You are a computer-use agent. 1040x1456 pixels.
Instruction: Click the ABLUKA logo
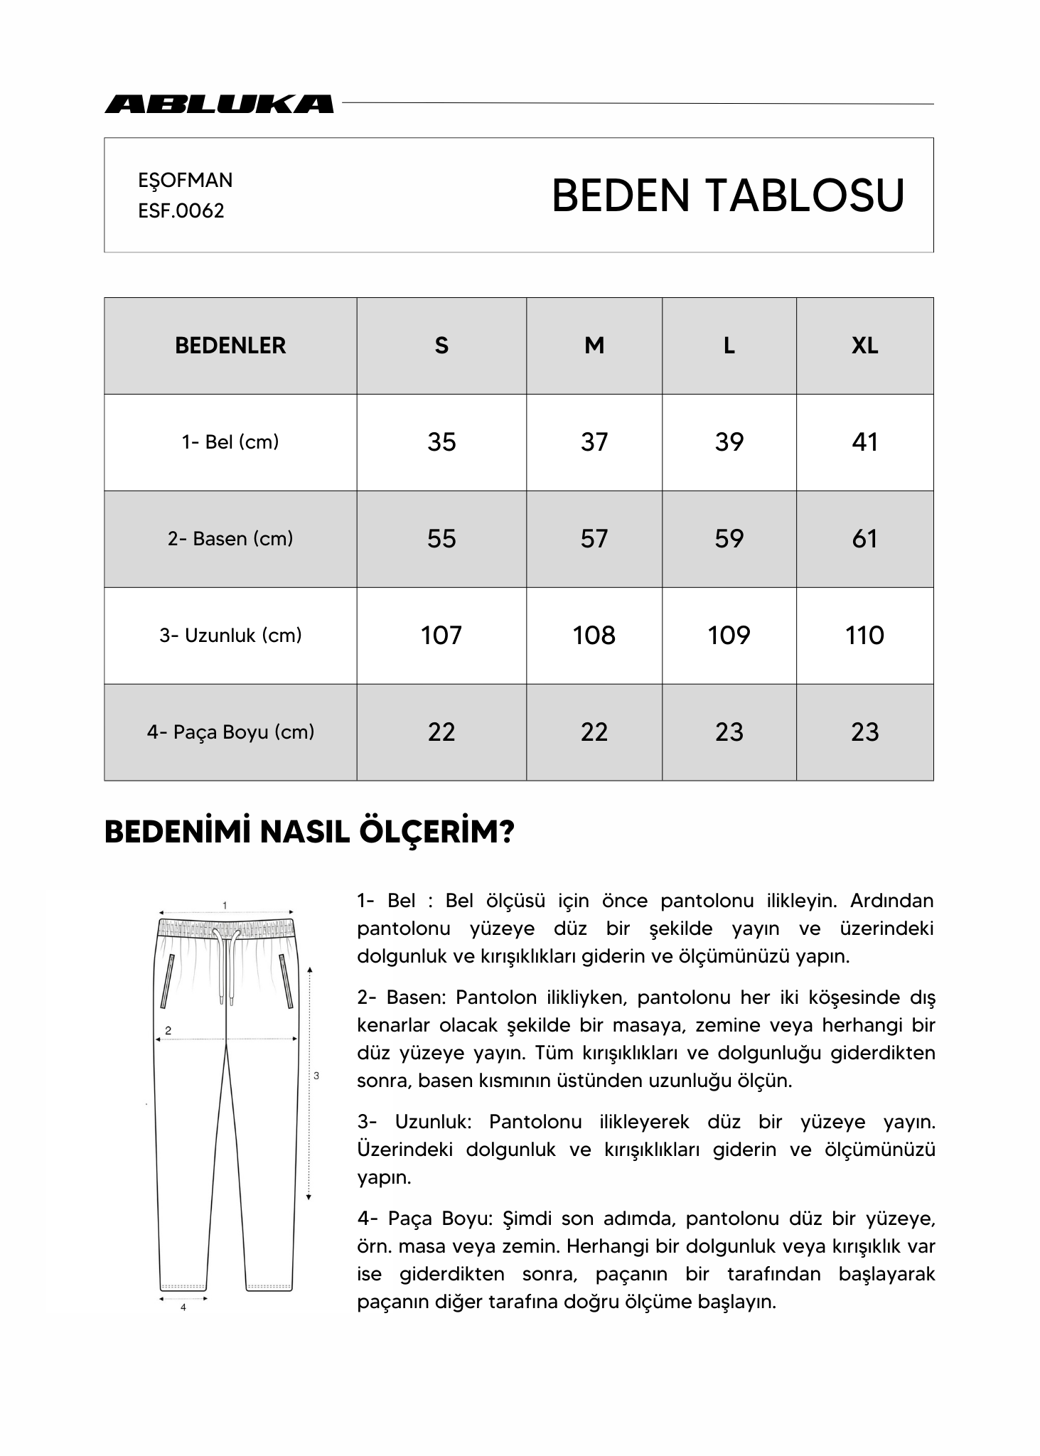[x=219, y=104]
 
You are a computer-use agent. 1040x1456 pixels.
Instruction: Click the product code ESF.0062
[x=181, y=211]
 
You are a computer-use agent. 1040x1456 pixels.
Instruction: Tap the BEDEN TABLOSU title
[x=727, y=196]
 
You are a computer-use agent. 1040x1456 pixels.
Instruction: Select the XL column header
[x=864, y=346]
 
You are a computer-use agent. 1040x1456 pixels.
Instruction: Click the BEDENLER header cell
[x=230, y=346]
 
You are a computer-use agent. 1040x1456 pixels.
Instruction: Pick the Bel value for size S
[x=441, y=442]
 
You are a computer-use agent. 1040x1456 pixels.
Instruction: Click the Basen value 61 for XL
[x=864, y=539]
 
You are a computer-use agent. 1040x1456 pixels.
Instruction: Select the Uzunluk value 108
[x=594, y=636]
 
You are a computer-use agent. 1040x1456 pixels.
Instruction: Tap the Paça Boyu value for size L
[x=729, y=732]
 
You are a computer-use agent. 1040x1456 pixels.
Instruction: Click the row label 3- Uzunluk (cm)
[x=230, y=636]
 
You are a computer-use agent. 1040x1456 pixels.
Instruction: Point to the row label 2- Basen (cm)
[x=230, y=539]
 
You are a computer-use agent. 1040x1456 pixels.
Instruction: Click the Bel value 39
[x=729, y=442]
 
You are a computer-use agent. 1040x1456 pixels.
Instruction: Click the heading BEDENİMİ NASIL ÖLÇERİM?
[x=309, y=833]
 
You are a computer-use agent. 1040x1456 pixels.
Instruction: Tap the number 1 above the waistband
[x=225, y=906]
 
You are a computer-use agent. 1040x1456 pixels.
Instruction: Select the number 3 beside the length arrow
[x=316, y=1076]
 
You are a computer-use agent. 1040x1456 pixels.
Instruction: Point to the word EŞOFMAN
[x=186, y=181]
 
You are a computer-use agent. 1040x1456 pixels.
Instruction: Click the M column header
[x=594, y=346]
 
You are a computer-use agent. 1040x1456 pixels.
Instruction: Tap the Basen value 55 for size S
[x=441, y=539]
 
